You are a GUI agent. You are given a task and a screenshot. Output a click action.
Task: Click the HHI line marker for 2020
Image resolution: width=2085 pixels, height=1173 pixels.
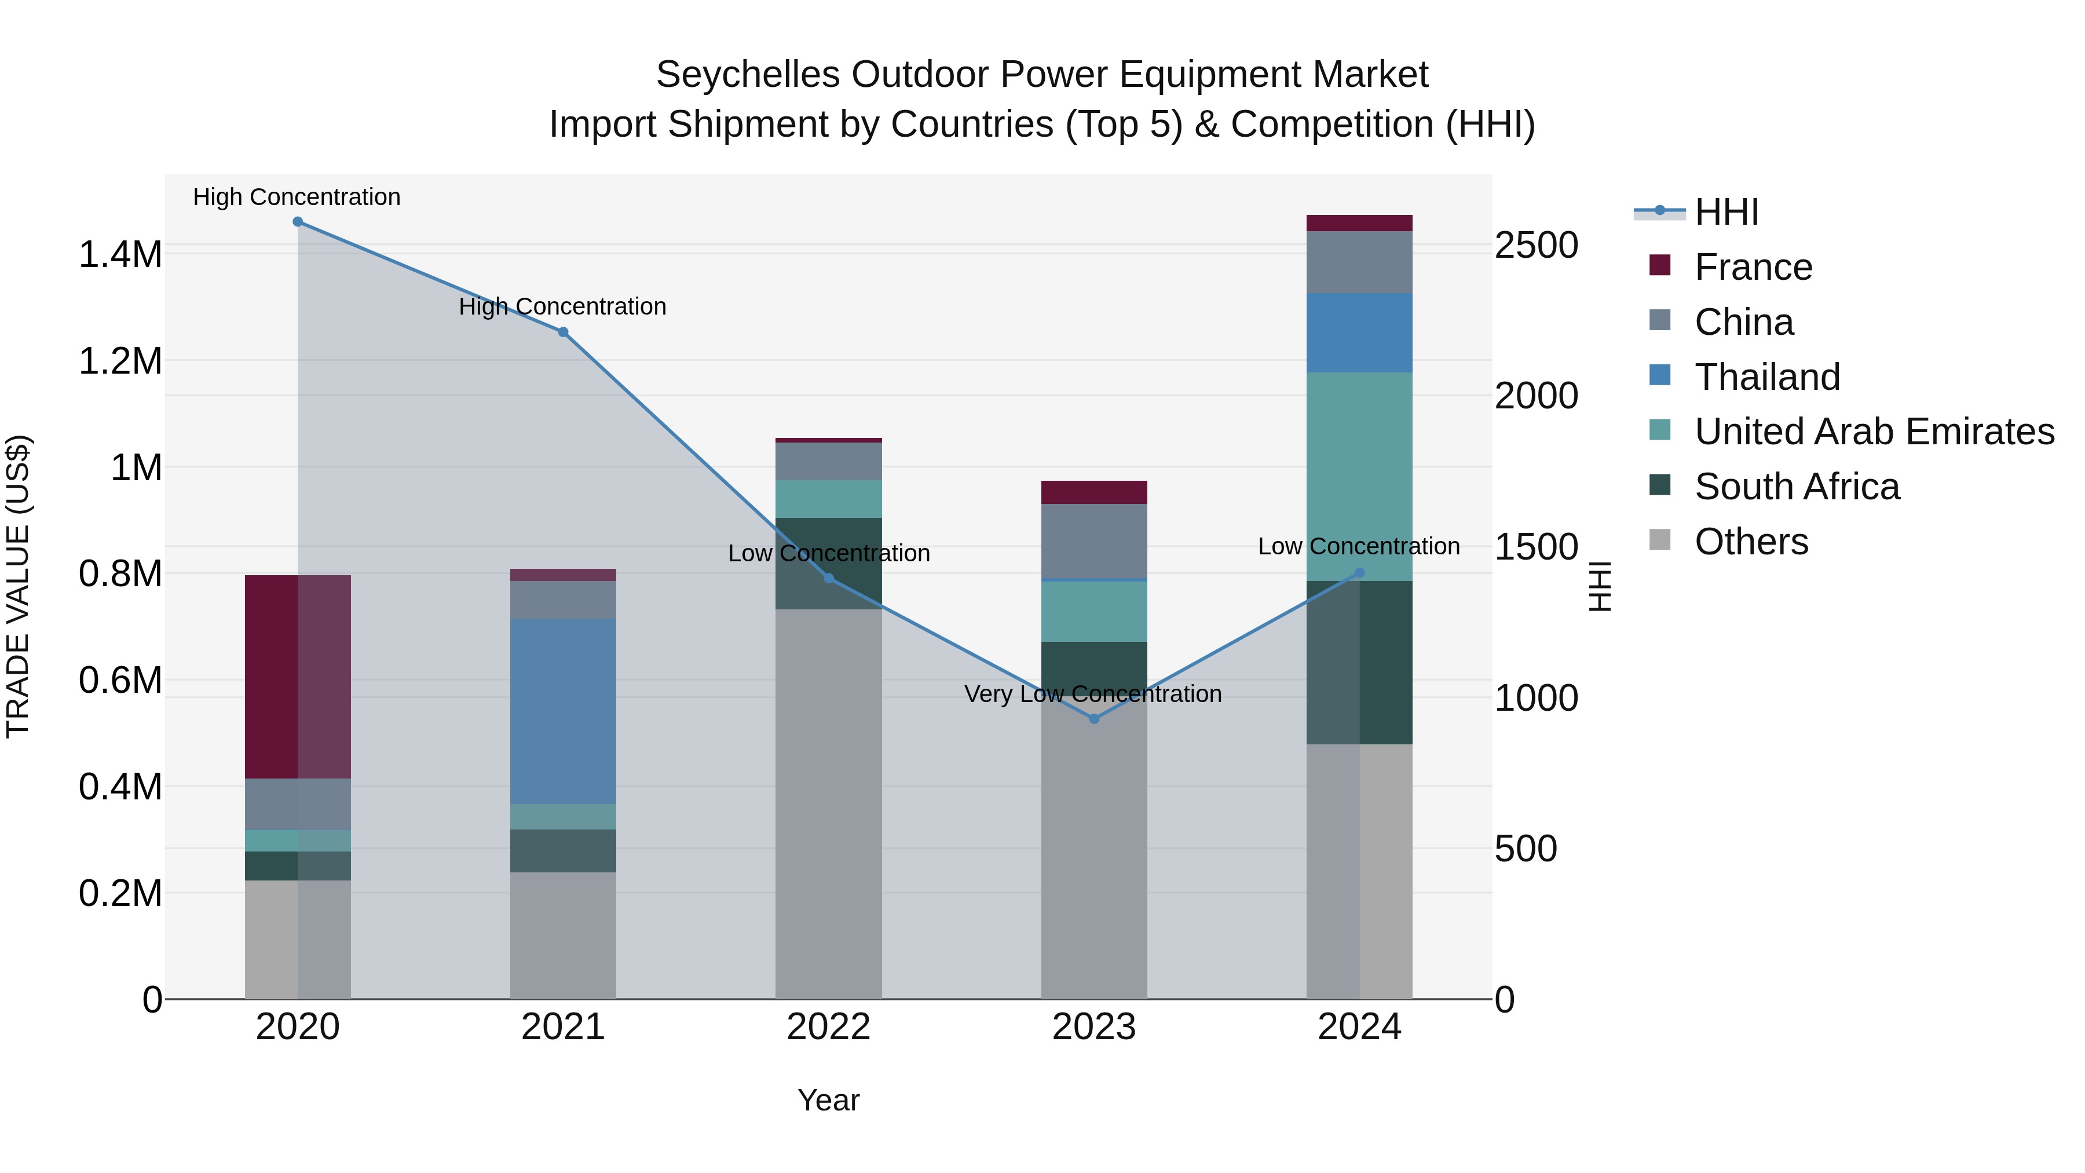point(298,222)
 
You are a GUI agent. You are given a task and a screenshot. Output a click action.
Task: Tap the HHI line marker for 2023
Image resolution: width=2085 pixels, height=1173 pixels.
point(1094,719)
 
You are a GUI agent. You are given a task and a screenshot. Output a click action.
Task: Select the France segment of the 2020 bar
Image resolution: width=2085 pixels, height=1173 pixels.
point(298,677)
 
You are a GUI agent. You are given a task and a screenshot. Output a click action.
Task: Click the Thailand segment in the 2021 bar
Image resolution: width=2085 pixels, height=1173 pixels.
point(564,711)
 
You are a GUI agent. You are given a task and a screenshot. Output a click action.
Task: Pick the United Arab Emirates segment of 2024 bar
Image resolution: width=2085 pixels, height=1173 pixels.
point(1360,476)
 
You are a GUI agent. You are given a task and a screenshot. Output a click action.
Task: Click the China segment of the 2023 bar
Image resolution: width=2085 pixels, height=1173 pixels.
point(1094,541)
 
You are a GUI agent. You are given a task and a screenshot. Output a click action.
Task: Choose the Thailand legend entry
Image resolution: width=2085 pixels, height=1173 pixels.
point(1767,377)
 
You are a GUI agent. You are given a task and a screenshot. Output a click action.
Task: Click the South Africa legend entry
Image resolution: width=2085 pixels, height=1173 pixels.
point(1796,487)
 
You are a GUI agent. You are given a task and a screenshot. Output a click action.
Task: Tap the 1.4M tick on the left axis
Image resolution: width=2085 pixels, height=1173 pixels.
point(120,255)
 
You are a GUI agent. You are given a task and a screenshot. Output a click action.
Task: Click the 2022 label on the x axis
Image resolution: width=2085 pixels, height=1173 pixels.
point(829,1027)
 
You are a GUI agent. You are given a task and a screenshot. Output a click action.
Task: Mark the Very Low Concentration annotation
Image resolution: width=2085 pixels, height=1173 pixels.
point(1093,694)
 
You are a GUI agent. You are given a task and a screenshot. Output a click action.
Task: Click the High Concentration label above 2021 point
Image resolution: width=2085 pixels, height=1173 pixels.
point(562,307)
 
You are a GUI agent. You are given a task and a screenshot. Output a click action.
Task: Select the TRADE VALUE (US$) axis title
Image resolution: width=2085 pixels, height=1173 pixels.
point(18,586)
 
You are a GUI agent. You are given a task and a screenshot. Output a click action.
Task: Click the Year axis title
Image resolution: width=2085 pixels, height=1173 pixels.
point(828,1100)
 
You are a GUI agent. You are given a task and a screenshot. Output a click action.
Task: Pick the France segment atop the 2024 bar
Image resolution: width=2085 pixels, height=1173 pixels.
point(1360,224)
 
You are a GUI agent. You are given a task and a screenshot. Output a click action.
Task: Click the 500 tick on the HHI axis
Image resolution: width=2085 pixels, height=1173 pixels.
point(1525,849)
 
